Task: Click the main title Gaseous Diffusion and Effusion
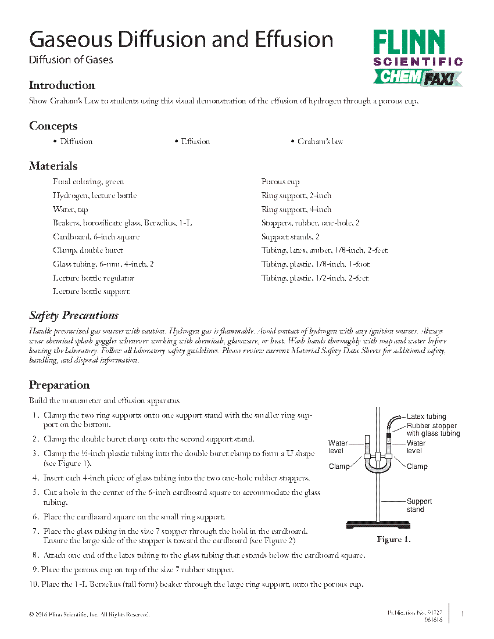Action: (x=181, y=40)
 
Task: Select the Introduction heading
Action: (x=62, y=85)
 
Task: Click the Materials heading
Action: (x=53, y=166)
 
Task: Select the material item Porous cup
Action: (x=281, y=182)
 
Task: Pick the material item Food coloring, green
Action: (x=88, y=182)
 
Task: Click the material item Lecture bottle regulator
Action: (x=94, y=278)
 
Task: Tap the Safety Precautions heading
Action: (x=74, y=315)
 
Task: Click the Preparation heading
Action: (x=59, y=385)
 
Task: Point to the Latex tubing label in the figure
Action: (x=427, y=417)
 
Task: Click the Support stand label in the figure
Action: (x=419, y=505)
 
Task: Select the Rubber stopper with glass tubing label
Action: (x=432, y=430)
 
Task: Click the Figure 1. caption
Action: (x=394, y=540)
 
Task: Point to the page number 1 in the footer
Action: (x=461, y=614)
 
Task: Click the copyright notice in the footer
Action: (x=89, y=615)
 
